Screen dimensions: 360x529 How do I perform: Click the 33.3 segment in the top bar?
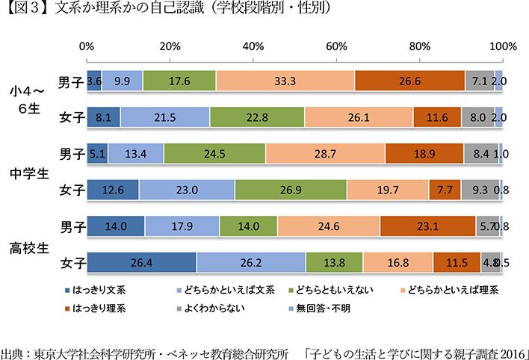[x=285, y=81]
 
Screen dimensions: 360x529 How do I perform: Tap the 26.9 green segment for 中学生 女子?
[x=291, y=190]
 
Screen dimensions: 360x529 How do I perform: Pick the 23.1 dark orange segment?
[x=427, y=226]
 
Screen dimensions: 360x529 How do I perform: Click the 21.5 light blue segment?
[x=164, y=117]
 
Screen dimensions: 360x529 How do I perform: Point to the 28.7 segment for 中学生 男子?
[x=325, y=154]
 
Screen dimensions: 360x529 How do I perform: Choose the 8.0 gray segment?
[x=478, y=117]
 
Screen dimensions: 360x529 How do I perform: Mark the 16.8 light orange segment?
[x=397, y=262]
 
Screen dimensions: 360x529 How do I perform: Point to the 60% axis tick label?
[x=337, y=46]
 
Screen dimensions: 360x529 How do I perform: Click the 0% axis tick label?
[x=87, y=46]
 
